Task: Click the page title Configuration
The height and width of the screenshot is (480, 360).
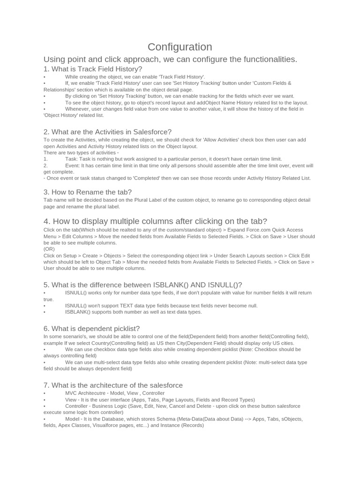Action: click(180, 47)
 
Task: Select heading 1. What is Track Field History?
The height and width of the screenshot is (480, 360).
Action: click(93, 69)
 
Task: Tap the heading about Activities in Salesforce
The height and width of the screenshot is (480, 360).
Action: click(107, 132)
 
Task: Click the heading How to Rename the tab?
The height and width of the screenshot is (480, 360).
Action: click(88, 192)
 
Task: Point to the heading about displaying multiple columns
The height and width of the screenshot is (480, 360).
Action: click(155, 221)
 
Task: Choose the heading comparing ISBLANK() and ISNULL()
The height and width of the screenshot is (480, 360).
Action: click(142, 285)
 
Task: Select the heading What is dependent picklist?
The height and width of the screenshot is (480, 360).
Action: click(91, 329)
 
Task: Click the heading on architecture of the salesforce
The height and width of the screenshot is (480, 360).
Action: click(113, 385)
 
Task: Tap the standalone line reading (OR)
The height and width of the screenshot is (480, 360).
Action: click(49, 249)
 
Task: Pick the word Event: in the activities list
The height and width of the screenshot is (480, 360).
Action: click(73, 165)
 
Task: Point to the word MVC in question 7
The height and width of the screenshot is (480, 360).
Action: click(71, 393)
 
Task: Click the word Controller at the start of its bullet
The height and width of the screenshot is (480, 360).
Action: click(76, 406)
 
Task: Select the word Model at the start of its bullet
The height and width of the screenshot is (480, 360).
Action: click(72, 419)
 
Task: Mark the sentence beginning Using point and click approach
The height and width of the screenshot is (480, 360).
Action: click(170, 59)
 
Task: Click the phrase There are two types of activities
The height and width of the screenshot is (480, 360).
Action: click(81, 152)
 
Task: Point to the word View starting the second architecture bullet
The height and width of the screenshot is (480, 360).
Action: click(71, 399)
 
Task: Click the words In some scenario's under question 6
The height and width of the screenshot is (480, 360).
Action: click(60, 337)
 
